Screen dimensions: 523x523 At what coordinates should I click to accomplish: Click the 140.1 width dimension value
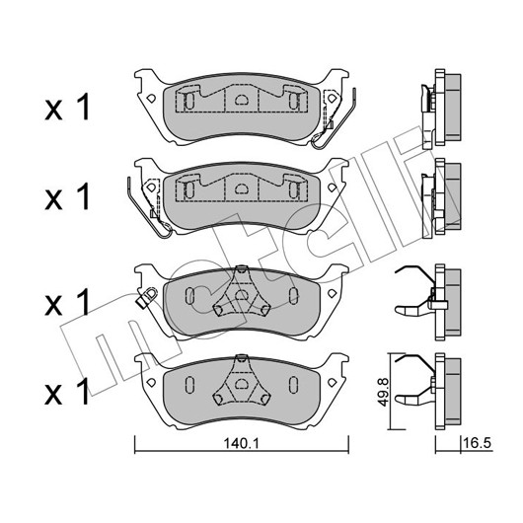tap(241, 444)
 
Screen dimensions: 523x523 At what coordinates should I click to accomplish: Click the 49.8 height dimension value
tap(383, 392)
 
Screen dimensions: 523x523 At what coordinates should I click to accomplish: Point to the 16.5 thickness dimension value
tap(477, 443)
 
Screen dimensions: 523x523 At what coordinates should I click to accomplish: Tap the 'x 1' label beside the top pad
tap(67, 107)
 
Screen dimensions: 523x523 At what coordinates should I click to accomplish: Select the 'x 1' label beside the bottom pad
tap(67, 391)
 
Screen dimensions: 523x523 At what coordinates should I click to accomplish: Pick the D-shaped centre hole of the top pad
tap(241, 100)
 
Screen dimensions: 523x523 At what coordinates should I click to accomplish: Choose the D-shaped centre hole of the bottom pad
tap(241, 384)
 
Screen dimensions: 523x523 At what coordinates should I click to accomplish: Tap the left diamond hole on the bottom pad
tap(151, 383)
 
